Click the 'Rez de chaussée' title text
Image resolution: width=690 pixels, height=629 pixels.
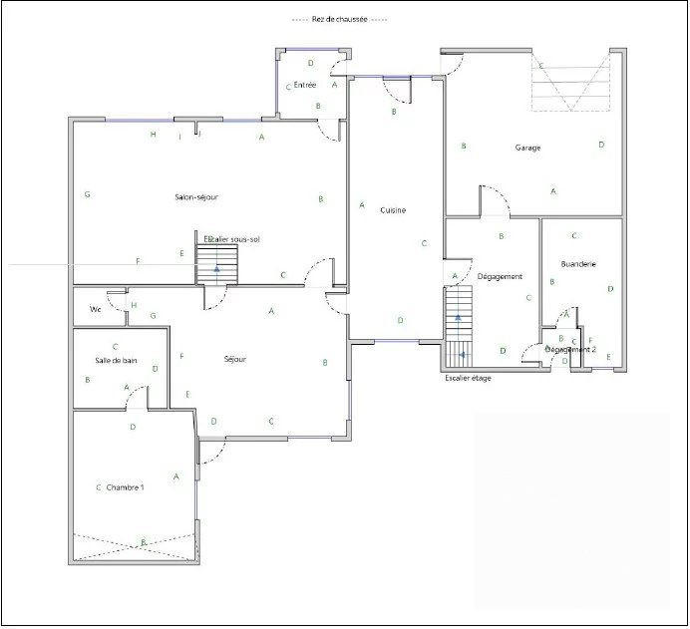tap(339, 19)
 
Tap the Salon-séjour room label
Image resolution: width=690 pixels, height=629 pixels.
tap(196, 197)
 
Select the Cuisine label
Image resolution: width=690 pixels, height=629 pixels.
tap(392, 210)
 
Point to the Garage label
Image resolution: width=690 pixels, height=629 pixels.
tap(527, 148)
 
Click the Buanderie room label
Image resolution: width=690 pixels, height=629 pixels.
tap(578, 264)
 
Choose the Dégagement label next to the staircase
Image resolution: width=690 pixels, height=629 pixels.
tap(500, 276)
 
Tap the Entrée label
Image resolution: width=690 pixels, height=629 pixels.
tap(305, 85)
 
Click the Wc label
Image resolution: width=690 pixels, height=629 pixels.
tap(96, 309)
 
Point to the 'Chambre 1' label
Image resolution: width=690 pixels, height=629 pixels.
tap(126, 487)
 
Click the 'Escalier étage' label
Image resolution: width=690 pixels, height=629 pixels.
tap(468, 378)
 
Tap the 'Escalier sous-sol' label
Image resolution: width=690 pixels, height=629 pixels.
tap(231, 239)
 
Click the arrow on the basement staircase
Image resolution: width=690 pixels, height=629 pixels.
tap(217, 268)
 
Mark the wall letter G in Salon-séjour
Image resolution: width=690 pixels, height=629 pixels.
tap(88, 194)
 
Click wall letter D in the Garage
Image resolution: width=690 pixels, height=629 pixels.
tap(601, 145)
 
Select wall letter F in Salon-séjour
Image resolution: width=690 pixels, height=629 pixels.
tap(138, 261)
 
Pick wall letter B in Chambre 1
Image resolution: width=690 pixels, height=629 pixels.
tap(144, 540)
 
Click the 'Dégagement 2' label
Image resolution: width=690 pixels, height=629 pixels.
tap(570, 350)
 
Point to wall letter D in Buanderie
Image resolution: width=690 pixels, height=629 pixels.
tap(610, 289)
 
